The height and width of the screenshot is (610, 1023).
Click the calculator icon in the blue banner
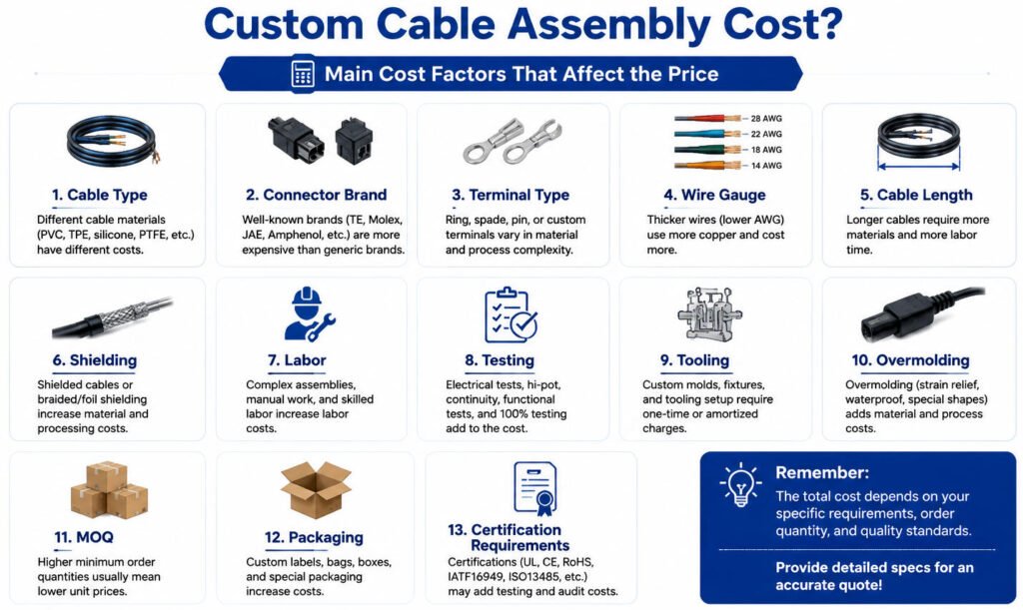pyautogui.click(x=303, y=74)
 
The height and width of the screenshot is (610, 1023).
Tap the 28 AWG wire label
pyautogui.click(x=766, y=119)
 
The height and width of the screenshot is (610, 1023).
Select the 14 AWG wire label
pyautogui.click(x=766, y=166)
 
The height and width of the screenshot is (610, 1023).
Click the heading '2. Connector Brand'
pyautogui.click(x=316, y=195)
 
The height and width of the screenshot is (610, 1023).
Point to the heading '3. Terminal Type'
pyautogui.click(x=511, y=195)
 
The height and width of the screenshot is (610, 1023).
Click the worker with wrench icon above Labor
pyautogui.click(x=309, y=314)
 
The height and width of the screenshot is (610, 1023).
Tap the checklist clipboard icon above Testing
pyautogui.click(x=511, y=314)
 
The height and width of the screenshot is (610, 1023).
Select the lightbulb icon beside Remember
pyautogui.click(x=740, y=485)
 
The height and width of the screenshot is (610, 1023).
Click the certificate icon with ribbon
pyautogui.click(x=535, y=488)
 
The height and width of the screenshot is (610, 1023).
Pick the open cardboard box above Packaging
pyautogui.click(x=316, y=489)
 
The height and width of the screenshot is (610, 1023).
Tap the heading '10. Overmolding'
pyautogui.click(x=910, y=360)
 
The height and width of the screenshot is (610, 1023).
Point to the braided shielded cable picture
pyautogui.click(x=112, y=317)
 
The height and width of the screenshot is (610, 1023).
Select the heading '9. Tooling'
pyautogui.click(x=694, y=360)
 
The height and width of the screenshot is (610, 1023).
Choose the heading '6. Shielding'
pyautogui.click(x=95, y=360)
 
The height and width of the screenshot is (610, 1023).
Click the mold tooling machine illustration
pyautogui.click(x=709, y=314)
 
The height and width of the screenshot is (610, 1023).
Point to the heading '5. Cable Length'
pyautogui.click(x=916, y=195)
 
